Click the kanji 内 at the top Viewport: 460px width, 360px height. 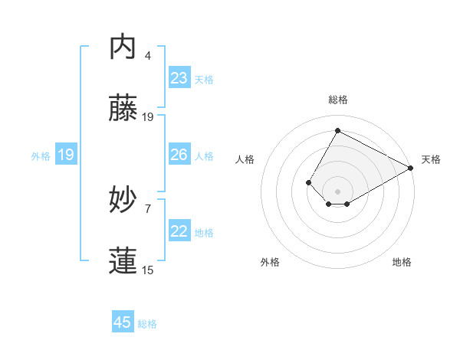click(123, 47)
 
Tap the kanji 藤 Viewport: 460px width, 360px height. click(123, 109)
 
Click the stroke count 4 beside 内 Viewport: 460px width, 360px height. click(148, 55)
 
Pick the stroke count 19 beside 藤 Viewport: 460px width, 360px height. click(148, 116)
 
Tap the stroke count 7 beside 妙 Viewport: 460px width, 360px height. click(148, 208)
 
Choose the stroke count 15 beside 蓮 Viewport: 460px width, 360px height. click(148, 269)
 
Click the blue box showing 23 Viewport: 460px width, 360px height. click(179, 78)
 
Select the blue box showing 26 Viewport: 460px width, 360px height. click(179, 155)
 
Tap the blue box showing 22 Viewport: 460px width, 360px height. click(179, 231)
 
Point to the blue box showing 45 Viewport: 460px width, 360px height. click(123, 322)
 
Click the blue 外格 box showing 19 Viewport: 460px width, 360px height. click(66, 155)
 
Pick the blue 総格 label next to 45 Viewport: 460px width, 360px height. click(147, 324)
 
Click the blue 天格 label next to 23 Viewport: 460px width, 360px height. click(204, 80)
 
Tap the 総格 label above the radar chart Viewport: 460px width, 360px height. click(337, 100)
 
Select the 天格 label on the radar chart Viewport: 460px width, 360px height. click(431, 159)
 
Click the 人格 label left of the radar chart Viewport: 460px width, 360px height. click(245, 159)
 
